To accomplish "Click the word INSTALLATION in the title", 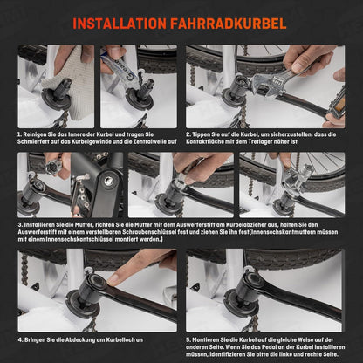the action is (x=120, y=24).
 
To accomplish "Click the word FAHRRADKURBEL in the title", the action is (x=229, y=24).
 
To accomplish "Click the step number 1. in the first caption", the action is (x=20, y=134).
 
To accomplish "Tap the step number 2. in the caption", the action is (x=188, y=134).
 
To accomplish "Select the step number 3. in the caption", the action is (x=20, y=225).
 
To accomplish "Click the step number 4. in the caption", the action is (x=20, y=339).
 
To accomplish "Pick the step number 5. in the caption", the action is (x=188, y=339).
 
